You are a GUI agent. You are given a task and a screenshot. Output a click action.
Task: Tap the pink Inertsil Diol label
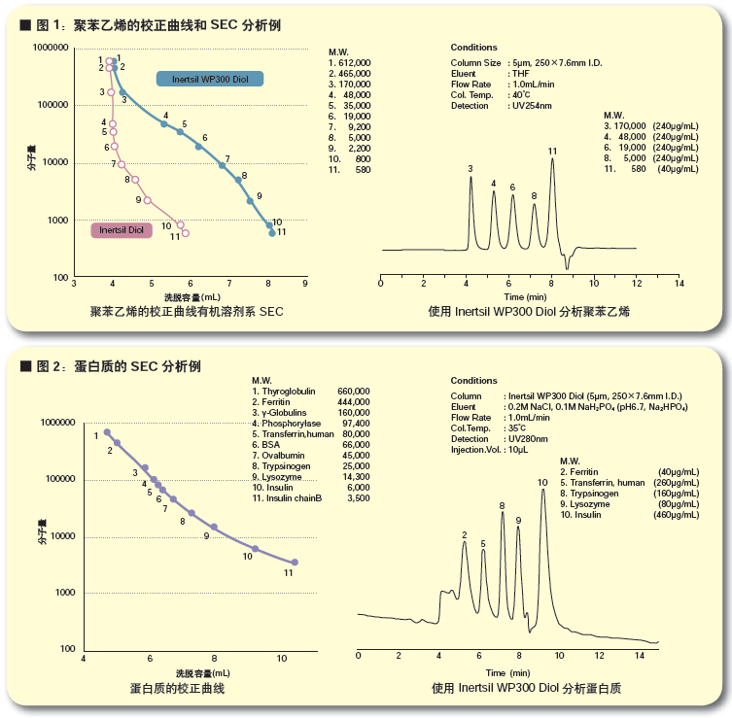pyautogui.click(x=122, y=230)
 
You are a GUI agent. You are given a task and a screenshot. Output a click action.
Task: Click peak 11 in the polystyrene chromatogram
pyautogui.click(x=552, y=161)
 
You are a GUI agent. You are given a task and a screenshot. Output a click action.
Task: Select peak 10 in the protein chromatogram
pyautogui.click(x=542, y=492)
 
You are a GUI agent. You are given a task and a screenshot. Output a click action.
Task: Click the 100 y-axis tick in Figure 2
pyautogui.click(x=69, y=649)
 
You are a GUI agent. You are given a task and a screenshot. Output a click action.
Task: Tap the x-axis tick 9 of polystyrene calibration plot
pyautogui.click(x=305, y=284)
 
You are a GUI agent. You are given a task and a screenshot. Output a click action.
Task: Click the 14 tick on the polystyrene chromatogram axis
pyautogui.click(x=679, y=284)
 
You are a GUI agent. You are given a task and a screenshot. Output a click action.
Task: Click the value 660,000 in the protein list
pyautogui.click(x=353, y=390)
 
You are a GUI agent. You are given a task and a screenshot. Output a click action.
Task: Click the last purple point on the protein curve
pyautogui.click(x=295, y=563)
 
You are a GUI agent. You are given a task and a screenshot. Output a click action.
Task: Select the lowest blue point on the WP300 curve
pyautogui.click(x=272, y=233)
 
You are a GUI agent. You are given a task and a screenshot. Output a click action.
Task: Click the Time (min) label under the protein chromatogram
pyautogui.click(x=508, y=672)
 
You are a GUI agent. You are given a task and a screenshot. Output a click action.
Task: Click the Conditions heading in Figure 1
pyautogui.click(x=473, y=48)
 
